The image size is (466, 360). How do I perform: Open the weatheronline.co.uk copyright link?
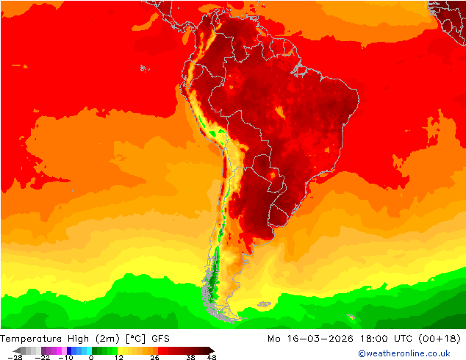(404, 354)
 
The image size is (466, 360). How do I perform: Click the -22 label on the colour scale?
(45, 357)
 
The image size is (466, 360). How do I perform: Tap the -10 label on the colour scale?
(65, 357)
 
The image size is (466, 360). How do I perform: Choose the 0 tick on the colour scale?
(91, 357)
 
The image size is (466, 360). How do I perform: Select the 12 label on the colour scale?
(118, 357)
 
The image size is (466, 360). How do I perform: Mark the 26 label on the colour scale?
(154, 357)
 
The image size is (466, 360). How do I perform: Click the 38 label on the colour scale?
(190, 357)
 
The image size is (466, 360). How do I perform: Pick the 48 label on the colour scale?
(212, 357)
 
